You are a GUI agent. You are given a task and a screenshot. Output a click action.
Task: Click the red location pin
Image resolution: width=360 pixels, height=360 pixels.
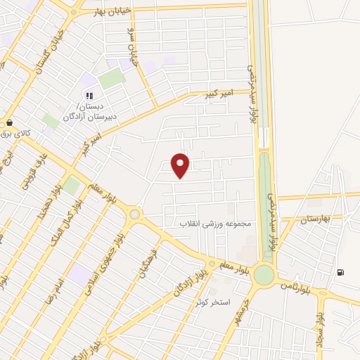click(x=181, y=165)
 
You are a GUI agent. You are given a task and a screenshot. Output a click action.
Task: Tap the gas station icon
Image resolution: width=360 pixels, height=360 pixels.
click(x=341, y=273)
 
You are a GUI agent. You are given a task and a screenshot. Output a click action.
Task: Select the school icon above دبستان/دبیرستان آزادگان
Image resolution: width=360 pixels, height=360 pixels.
click(x=89, y=96)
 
